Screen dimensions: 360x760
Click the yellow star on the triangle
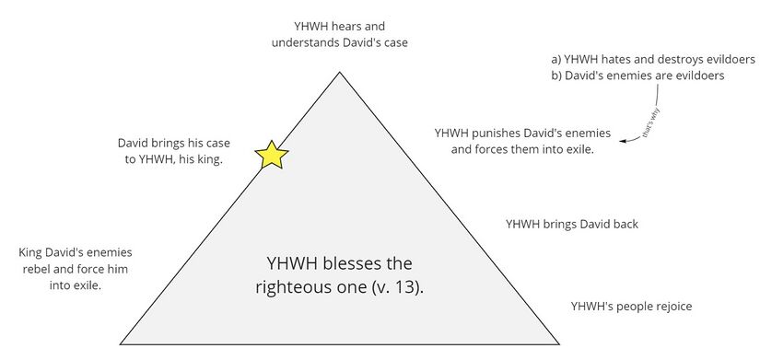[x=271, y=155]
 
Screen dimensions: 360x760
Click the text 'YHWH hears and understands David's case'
[x=340, y=34]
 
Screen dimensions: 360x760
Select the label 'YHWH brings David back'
[x=571, y=224]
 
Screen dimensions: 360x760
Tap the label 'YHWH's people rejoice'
[x=631, y=305]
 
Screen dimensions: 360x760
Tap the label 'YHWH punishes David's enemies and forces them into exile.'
[x=514, y=140]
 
